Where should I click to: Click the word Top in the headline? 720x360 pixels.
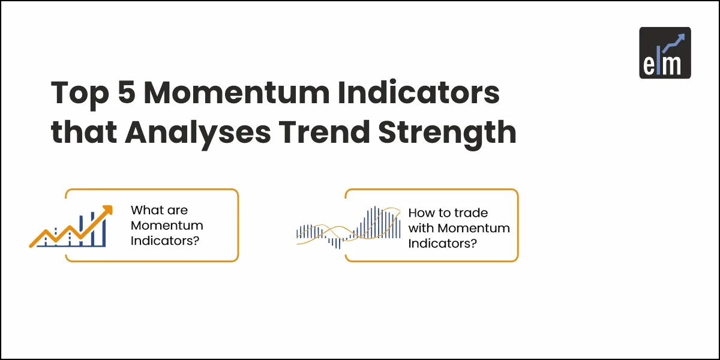[x=80, y=94]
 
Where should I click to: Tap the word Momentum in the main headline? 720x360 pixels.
[x=236, y=92]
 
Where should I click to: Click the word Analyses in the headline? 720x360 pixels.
[x=197, y=133]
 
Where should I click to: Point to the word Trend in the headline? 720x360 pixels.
[x=325, y=131]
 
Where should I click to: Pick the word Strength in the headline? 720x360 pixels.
[x=447, y=133]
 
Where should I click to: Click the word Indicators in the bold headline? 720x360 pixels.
[x=419, y=92]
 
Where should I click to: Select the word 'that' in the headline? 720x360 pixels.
[x=83, y=131]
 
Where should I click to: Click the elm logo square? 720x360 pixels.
[x=665, y=53]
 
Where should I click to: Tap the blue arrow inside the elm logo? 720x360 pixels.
[x=674, y=43]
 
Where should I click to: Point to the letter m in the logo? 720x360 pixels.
[x=671, y=65]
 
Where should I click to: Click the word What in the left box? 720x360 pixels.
[x=146, y=210]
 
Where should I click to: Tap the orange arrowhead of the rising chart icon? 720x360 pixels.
[x=107, y=210]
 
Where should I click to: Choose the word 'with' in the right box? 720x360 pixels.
[x=421, y=228]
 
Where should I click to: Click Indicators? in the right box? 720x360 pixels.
[x=443, y=244]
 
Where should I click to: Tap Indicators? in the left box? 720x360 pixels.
[x=165, y=241]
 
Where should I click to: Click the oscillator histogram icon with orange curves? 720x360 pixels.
[x=349, y=227]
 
